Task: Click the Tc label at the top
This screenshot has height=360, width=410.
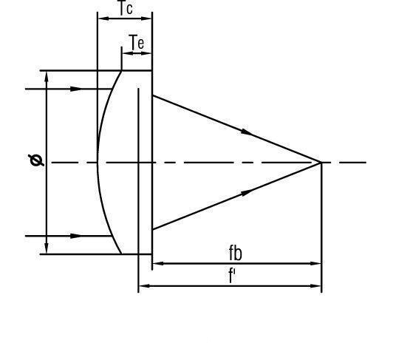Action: (x=126, y=8)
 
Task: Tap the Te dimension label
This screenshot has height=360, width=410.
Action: (x=137, y=42)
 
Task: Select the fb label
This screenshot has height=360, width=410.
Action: (x=236, y=253)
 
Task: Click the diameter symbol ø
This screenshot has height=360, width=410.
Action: (x=36, y=160)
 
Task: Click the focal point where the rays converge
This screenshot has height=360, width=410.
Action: (x=321, y=163)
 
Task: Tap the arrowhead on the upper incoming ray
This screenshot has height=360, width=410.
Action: (x=76, y=89)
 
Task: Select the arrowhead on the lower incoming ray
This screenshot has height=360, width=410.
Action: (x=76, y=236)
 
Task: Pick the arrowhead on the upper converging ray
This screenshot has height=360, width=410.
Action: (x=247, y=132)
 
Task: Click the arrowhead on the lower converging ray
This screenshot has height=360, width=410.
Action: (x=247, y=193)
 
